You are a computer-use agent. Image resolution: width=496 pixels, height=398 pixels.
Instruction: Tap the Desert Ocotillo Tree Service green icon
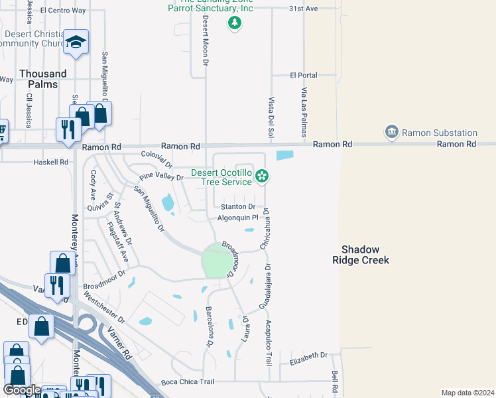[263, 176]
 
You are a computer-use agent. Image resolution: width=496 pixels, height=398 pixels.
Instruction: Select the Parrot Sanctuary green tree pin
[233, 23]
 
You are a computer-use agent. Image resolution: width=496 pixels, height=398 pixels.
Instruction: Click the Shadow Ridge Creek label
[361, 255]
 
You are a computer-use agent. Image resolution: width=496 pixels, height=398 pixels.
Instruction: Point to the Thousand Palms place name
[42, 79]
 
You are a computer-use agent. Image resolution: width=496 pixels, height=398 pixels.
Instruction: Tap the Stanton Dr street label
[238, 207]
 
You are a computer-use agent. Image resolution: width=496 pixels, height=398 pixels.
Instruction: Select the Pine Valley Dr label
[161, 177]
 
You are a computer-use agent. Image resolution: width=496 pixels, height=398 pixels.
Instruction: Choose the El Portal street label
[304, 76]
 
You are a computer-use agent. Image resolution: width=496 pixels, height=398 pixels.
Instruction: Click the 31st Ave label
[304, 9]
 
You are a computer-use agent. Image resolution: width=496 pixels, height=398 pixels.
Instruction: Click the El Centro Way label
[63, 11]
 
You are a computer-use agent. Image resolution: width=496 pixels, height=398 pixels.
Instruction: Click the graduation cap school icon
[76, 42]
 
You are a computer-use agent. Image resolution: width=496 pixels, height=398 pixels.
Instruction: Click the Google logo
[22, 390]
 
